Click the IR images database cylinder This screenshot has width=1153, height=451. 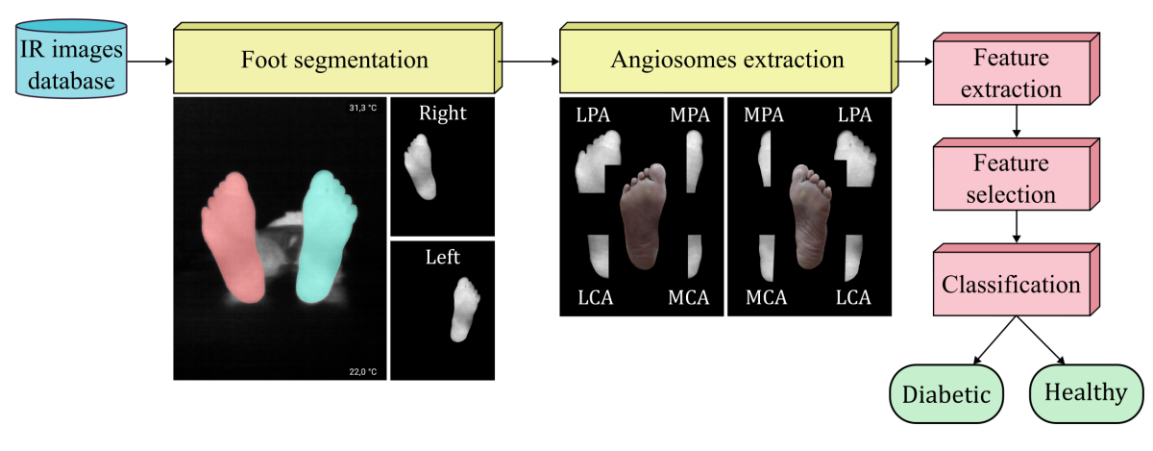71,59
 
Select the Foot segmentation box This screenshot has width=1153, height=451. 337,58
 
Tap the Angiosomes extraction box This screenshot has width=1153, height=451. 729,58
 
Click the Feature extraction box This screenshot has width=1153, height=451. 1017,69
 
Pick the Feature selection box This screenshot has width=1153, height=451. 1017,174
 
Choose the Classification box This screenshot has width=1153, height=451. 1017,280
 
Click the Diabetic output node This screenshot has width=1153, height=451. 946,394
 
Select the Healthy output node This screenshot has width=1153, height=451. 1086,393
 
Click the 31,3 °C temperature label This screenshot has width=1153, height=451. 363,108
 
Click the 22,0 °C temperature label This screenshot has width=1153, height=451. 363,371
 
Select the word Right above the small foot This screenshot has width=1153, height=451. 443,113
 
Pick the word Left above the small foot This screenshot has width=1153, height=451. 443,257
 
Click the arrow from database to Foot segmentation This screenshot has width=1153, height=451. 150,62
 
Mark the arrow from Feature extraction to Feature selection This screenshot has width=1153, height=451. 1017,121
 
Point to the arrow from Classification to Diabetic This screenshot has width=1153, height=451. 994,340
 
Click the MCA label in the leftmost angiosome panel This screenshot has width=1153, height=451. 689,297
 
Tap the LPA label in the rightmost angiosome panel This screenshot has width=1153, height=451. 854,114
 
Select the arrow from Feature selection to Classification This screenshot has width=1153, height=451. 1017,227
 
